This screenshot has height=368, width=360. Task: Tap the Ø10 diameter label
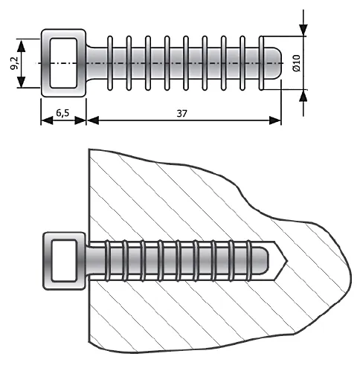[295, 62]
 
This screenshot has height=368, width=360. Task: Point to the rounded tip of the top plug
[277, 63]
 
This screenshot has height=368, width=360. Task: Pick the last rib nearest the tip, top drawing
[261, 63]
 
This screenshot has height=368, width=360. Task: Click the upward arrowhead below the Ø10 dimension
[303, 96]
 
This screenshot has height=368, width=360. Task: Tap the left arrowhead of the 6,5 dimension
[44, 120]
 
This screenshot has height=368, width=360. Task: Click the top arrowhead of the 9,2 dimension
[22, 44]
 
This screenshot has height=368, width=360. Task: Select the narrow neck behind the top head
[95, 63]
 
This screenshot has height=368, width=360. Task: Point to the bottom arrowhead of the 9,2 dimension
[22, 83]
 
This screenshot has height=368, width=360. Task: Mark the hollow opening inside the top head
[63, 63]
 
